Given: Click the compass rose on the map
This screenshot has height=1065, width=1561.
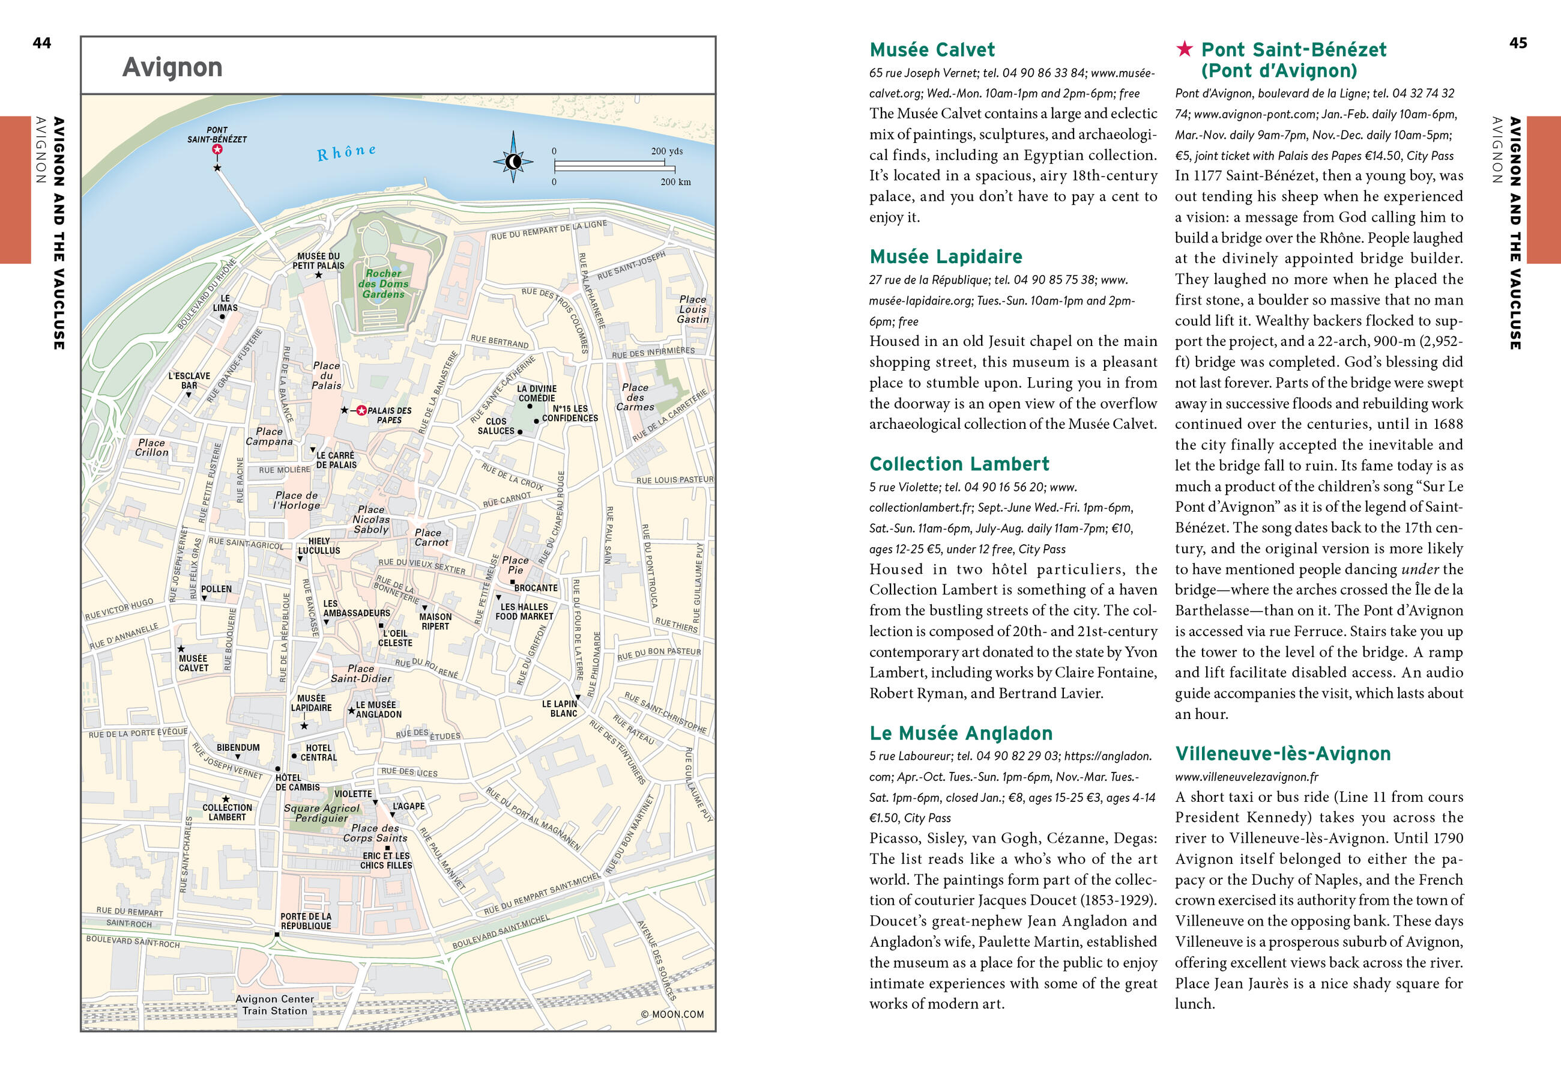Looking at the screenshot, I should tap(513, 161).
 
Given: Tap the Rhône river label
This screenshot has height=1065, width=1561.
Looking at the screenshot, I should tap(346, 153).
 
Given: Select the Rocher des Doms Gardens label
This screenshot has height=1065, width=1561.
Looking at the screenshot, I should tap(383, 284).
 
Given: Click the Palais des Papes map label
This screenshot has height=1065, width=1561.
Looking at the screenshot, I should tap(389, 415).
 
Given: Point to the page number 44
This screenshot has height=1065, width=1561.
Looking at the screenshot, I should tap(41, 43).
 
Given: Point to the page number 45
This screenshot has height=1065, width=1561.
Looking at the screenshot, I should tap(1518, 43).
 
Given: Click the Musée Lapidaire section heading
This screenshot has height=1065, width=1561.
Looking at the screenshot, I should tap(946, 256).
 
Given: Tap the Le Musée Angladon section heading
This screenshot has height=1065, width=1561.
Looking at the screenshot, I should tap(961, 733).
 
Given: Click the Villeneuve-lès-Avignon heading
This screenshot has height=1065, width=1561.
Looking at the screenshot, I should tap(1282, 754).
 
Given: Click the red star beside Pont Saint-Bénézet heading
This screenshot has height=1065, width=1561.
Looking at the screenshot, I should tap(1184, 49).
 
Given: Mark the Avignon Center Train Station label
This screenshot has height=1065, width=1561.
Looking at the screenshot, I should tap(275, 1004).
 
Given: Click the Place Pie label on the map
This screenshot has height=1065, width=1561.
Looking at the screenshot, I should tap(515, 565).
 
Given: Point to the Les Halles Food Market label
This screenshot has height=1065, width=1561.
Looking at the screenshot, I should tap(524, 611).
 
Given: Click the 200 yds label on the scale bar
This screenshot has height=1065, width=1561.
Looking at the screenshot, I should tap(666, 151).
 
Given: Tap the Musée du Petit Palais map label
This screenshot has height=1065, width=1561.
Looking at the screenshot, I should tap(318, 261).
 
